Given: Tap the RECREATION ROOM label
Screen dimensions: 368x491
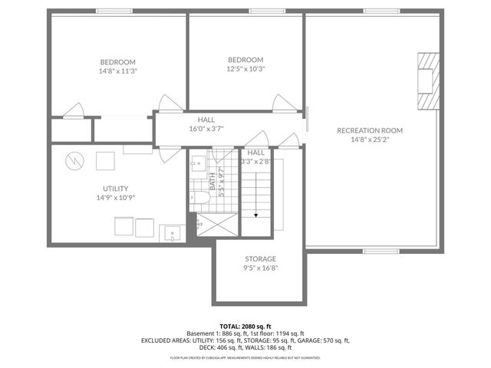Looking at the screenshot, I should point(370,130).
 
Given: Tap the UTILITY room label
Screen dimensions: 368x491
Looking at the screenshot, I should point(116,189).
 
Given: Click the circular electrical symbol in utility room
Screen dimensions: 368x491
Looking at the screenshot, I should point(73,161).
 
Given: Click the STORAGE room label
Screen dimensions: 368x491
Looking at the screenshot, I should point(260,259).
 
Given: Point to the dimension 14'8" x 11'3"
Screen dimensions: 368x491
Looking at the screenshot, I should point(117,71).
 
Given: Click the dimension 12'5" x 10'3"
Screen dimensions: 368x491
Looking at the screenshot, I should point(245,69).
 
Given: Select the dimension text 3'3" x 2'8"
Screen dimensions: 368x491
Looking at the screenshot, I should point(255,162).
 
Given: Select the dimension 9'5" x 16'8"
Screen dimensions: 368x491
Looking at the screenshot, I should point(261,268).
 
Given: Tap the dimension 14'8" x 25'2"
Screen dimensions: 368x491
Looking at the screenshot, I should point(370,140).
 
